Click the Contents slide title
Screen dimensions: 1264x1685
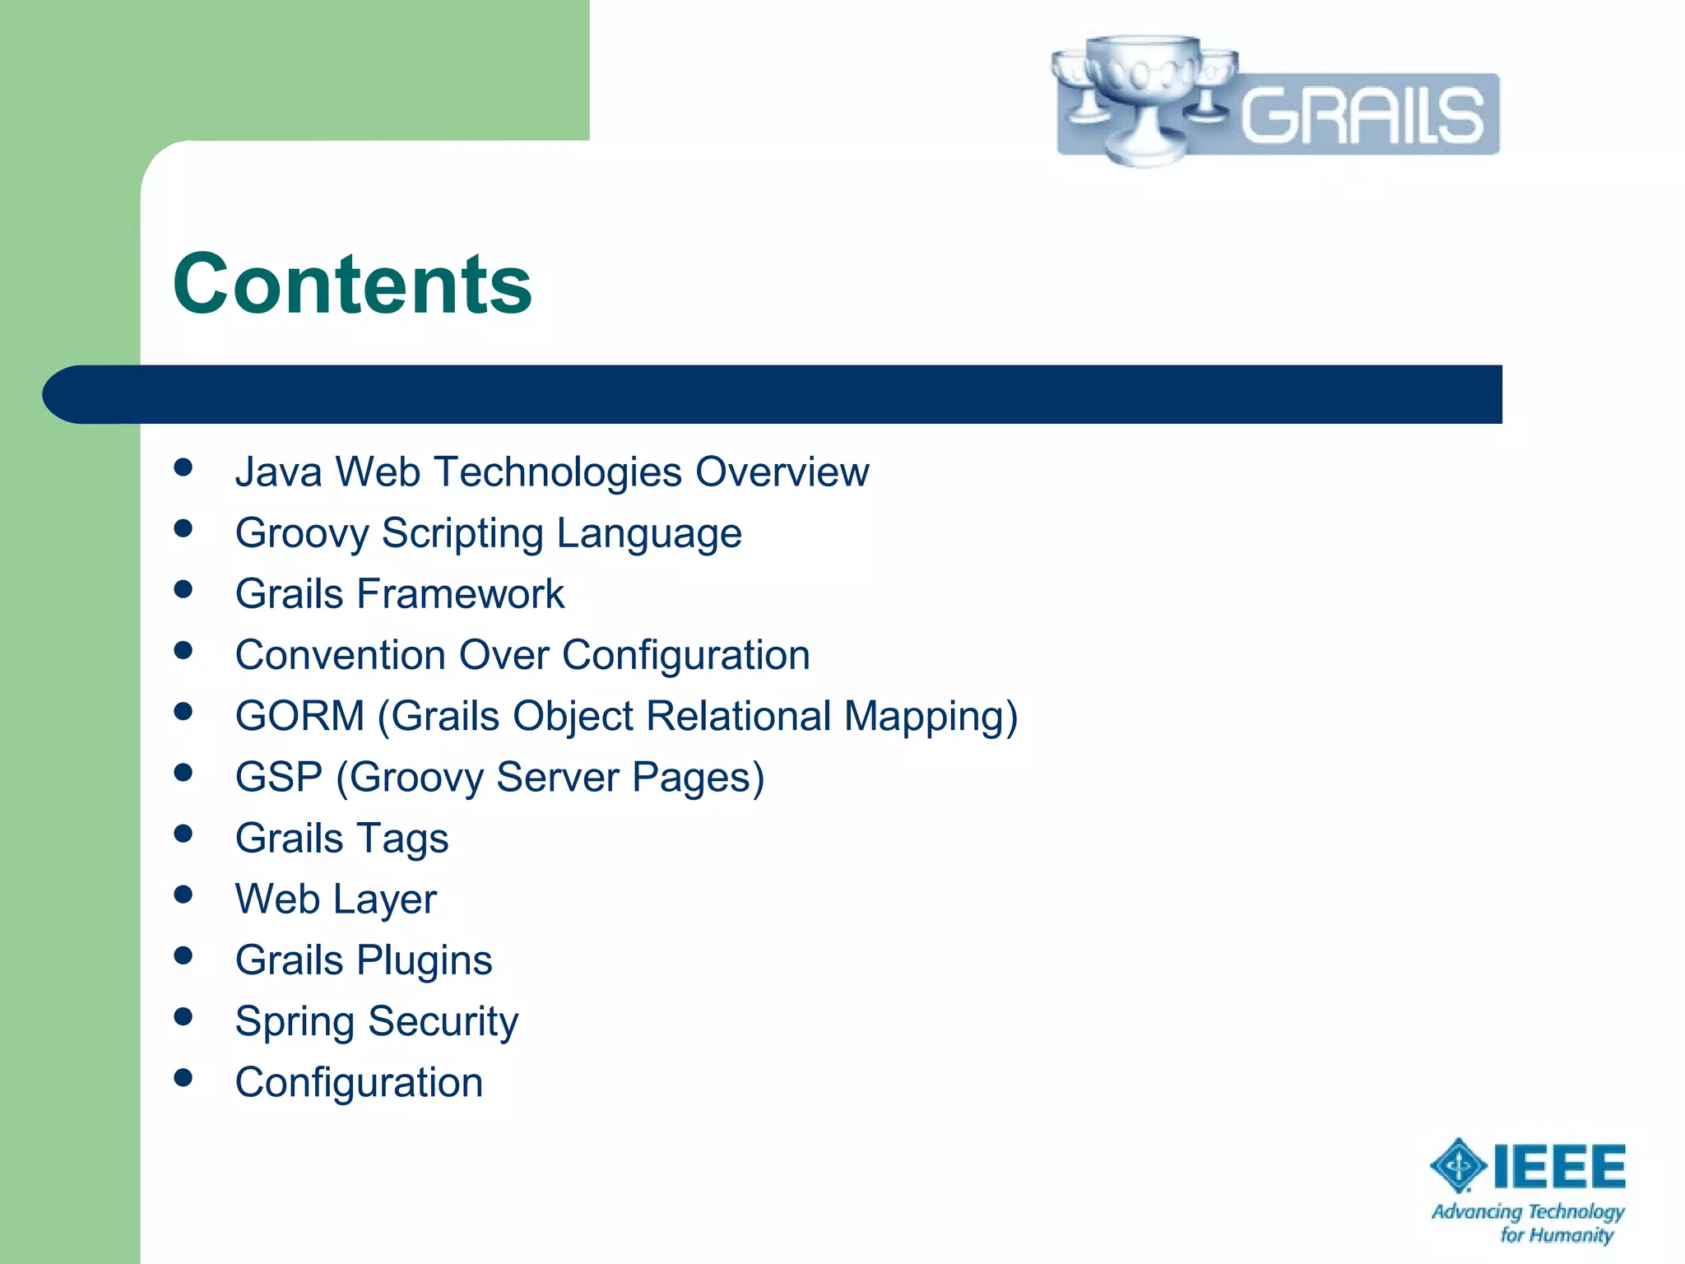click(352, 284)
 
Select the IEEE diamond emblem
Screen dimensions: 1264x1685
click(1458, 1165)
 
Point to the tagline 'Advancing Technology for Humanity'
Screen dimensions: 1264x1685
click(1529, 1223)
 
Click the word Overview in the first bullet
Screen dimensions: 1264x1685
click(782, 472)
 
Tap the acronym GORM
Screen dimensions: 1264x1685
click(299, 716)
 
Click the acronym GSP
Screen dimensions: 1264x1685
click(279, 777)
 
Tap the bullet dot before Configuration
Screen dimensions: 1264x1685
click(183, 1077)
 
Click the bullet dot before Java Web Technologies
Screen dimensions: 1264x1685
click(183, 467)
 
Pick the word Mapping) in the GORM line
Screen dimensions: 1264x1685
click(931, 716)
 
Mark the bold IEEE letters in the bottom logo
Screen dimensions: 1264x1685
click(1559, 1166)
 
